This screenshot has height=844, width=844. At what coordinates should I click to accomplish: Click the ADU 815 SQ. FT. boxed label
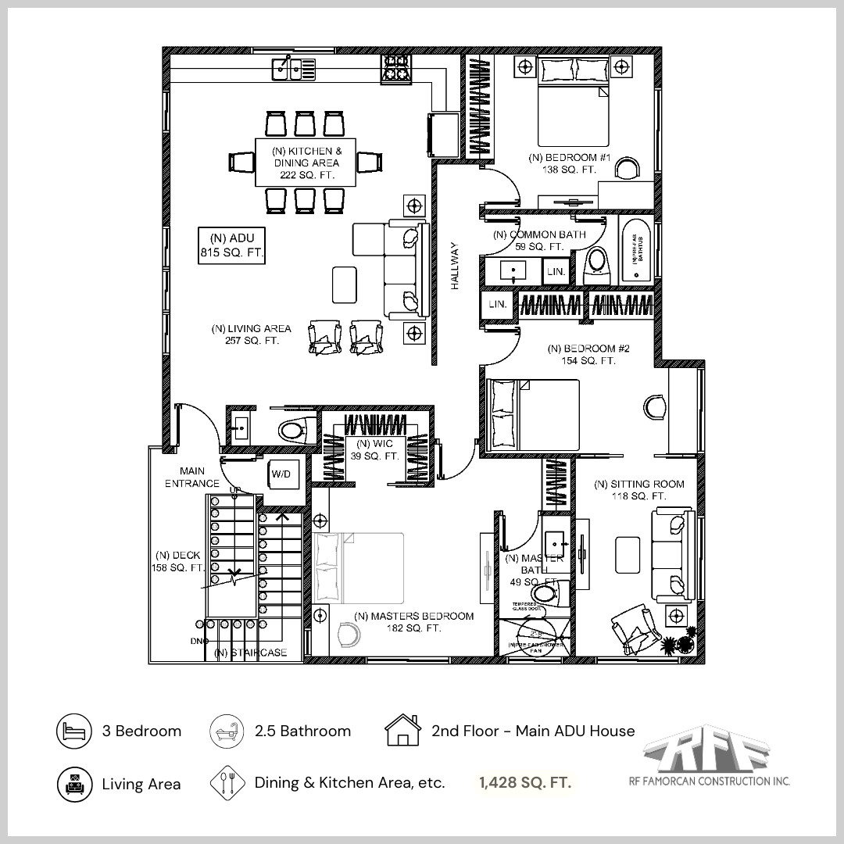click(231, 245)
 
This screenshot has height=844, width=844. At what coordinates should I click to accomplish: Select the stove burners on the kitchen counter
click(395, 70)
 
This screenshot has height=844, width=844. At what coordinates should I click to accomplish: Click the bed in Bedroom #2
click(533, 415)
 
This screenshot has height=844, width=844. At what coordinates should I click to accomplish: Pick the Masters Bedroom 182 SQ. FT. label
click(413, 622)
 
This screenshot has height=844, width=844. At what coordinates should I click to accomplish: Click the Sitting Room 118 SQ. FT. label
click(638, 490)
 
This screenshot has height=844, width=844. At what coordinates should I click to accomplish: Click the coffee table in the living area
click(344, 284)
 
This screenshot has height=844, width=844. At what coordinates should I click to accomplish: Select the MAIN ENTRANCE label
click(192, 477)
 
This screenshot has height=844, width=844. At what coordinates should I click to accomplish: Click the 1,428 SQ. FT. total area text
click(524, 782)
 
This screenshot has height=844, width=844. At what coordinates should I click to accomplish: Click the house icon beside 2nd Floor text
click(403, 731)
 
